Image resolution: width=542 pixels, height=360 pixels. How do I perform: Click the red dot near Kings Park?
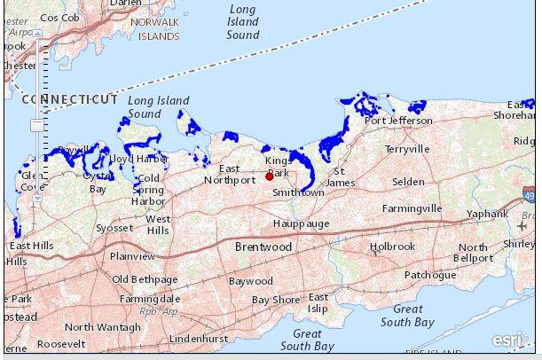(270, 176)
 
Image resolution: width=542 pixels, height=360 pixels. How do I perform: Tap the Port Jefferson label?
(398, 121)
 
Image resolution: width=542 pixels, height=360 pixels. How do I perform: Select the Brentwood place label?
(263, 247)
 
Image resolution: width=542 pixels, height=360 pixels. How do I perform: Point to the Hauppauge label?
(301, 223)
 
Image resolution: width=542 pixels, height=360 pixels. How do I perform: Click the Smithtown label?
(298, 192)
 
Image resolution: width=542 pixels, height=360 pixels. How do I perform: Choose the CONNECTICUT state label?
(70, 99)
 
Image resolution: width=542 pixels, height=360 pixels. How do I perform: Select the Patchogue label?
(429, 275)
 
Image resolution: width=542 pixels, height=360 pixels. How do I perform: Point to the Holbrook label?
(392, 247)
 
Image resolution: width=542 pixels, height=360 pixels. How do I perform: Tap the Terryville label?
(406, 149)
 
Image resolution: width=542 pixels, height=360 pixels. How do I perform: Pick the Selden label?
(408, 182)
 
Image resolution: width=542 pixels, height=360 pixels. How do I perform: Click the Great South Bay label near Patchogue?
(408, 315)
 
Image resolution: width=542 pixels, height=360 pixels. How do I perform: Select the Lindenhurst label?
(199, 339)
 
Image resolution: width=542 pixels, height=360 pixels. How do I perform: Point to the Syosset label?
(114, 228)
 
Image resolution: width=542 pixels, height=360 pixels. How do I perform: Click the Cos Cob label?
(59, 17)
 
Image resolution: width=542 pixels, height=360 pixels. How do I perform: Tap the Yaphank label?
(487, 214)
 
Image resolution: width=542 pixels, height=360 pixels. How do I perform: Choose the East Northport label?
(230, 174)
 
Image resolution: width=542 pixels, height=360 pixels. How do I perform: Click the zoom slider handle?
(36, 126)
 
